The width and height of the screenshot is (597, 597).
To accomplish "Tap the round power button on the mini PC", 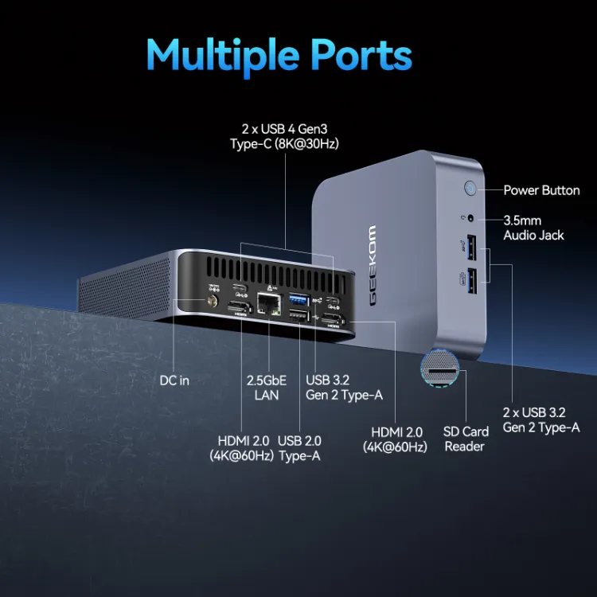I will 470,189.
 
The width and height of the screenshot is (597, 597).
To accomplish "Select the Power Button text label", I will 541,190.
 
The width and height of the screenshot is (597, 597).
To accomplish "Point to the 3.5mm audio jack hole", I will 472,217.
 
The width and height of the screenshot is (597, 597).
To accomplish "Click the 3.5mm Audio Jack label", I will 533,227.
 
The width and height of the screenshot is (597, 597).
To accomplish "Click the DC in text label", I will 174,380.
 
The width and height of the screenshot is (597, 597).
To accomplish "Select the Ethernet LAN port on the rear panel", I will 267,303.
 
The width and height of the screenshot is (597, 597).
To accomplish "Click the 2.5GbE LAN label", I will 267,388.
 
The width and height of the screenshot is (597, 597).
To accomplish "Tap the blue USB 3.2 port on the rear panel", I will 296,298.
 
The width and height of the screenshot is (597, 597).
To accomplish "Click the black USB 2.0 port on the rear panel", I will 296,318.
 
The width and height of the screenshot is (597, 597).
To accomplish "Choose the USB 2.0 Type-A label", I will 299,448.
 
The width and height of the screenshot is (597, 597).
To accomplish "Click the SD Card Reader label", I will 466,439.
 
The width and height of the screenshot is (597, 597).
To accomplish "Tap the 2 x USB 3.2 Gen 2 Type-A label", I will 540,419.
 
